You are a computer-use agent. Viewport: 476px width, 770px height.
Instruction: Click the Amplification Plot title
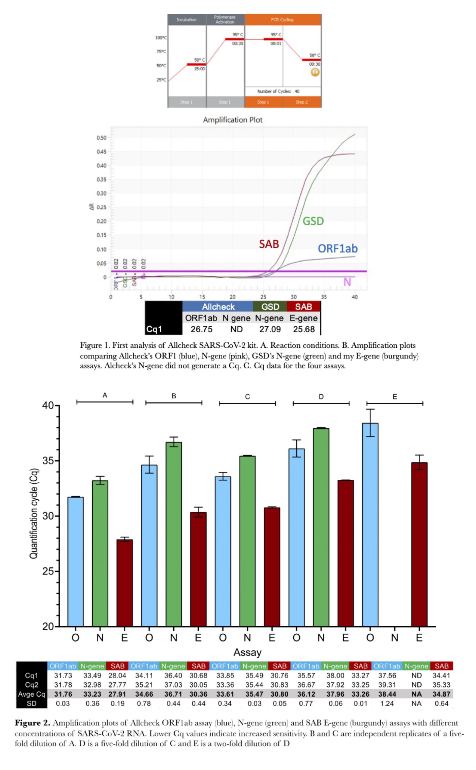tap(232, 120)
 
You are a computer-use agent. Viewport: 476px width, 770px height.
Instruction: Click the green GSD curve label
tap(313, 221)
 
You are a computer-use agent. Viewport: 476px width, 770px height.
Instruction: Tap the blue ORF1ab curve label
tap(338, 248)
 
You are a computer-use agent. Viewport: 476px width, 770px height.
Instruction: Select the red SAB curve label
tap(269, 244)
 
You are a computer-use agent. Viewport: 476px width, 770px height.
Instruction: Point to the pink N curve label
tap(347, 282)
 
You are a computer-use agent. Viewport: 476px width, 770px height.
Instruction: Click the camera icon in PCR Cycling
tap(315, 72)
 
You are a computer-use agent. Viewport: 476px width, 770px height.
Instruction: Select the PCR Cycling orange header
tap(283, 20)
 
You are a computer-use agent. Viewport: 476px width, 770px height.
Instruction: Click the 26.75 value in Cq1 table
tap(202, 329)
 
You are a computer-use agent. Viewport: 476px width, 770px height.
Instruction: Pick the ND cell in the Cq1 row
tap(236, 329)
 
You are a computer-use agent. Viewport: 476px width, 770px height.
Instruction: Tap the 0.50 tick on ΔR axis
tap(101, 138)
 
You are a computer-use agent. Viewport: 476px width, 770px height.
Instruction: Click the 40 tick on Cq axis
tap(48, 406)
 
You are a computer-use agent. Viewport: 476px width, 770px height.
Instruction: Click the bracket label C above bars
tap(247, 397)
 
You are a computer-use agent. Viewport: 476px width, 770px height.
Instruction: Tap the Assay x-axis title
tap(247, 653)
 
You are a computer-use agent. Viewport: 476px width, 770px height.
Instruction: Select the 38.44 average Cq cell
tap(387, 694)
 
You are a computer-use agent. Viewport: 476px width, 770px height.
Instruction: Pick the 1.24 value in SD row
tap(387, 704)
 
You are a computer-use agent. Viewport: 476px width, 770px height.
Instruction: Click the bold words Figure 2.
tap(32, 723)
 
